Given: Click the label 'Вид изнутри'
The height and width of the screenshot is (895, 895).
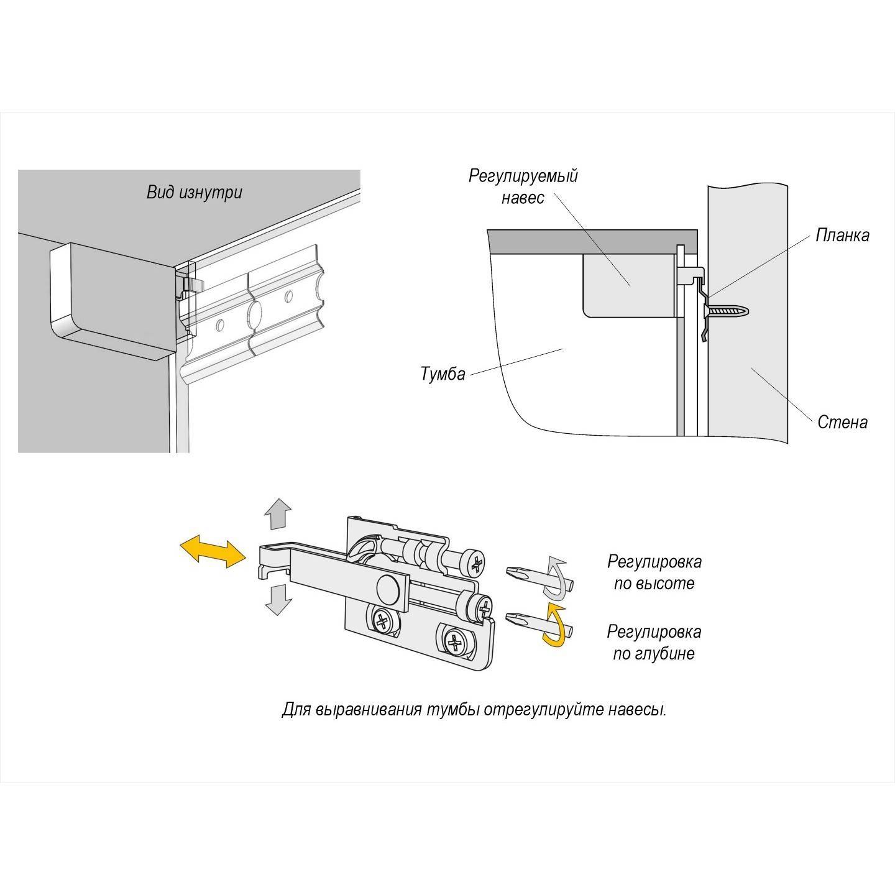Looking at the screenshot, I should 194,192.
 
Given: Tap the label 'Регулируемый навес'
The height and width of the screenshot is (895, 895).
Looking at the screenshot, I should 523,186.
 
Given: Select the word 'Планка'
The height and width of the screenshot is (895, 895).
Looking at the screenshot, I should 842,236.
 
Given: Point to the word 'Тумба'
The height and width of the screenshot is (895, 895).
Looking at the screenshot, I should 443,375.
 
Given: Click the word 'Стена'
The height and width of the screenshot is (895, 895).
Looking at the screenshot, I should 842,422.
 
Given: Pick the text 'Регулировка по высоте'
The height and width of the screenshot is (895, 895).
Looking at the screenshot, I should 654,572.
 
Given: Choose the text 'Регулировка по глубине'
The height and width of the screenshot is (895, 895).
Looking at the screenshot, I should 654,643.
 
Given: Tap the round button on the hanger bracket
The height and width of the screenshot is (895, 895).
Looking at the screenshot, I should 388,588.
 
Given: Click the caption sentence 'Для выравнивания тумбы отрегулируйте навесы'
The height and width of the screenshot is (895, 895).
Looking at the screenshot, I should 474,710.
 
